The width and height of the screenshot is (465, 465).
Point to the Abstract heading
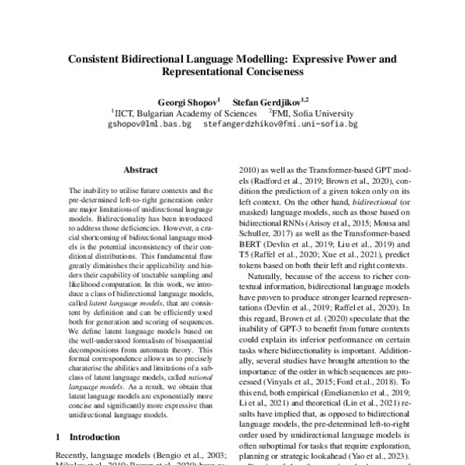click(x=140, y=168)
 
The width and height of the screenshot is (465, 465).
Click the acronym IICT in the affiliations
click(x=126, y=112)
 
